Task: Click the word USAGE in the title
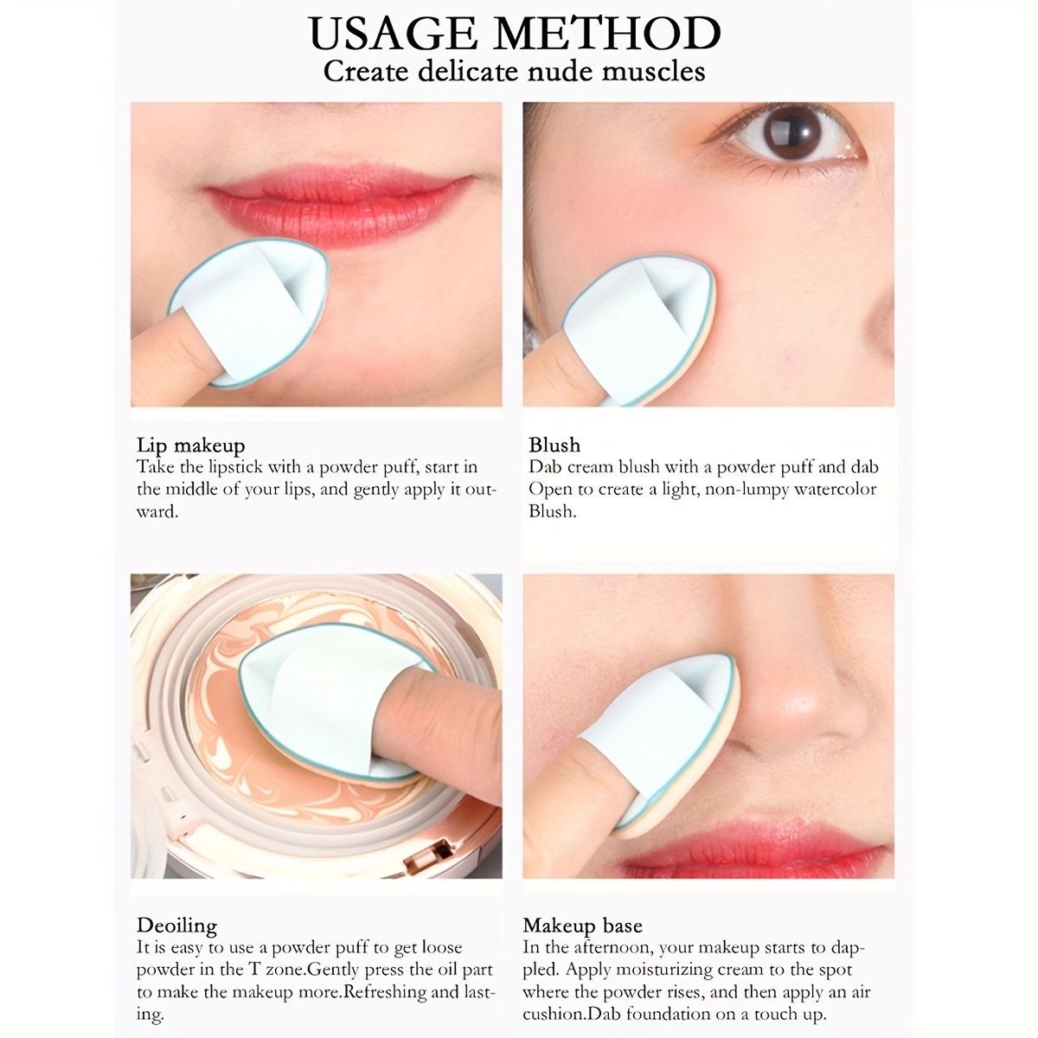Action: point(394,34)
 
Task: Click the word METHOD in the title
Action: point(607,34)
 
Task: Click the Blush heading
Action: point(554,445)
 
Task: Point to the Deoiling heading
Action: point(176,926)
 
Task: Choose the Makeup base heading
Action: point(582,926)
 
